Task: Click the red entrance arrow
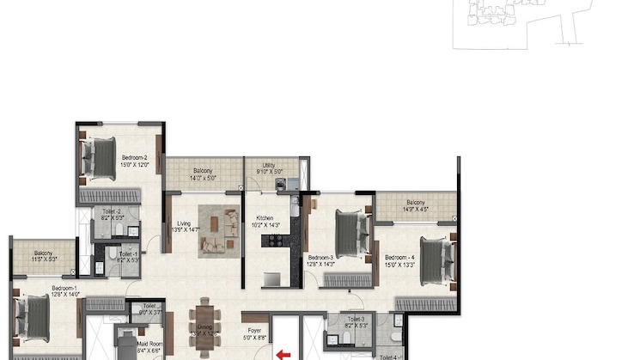pyautogui.click(x=281, y=352)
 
